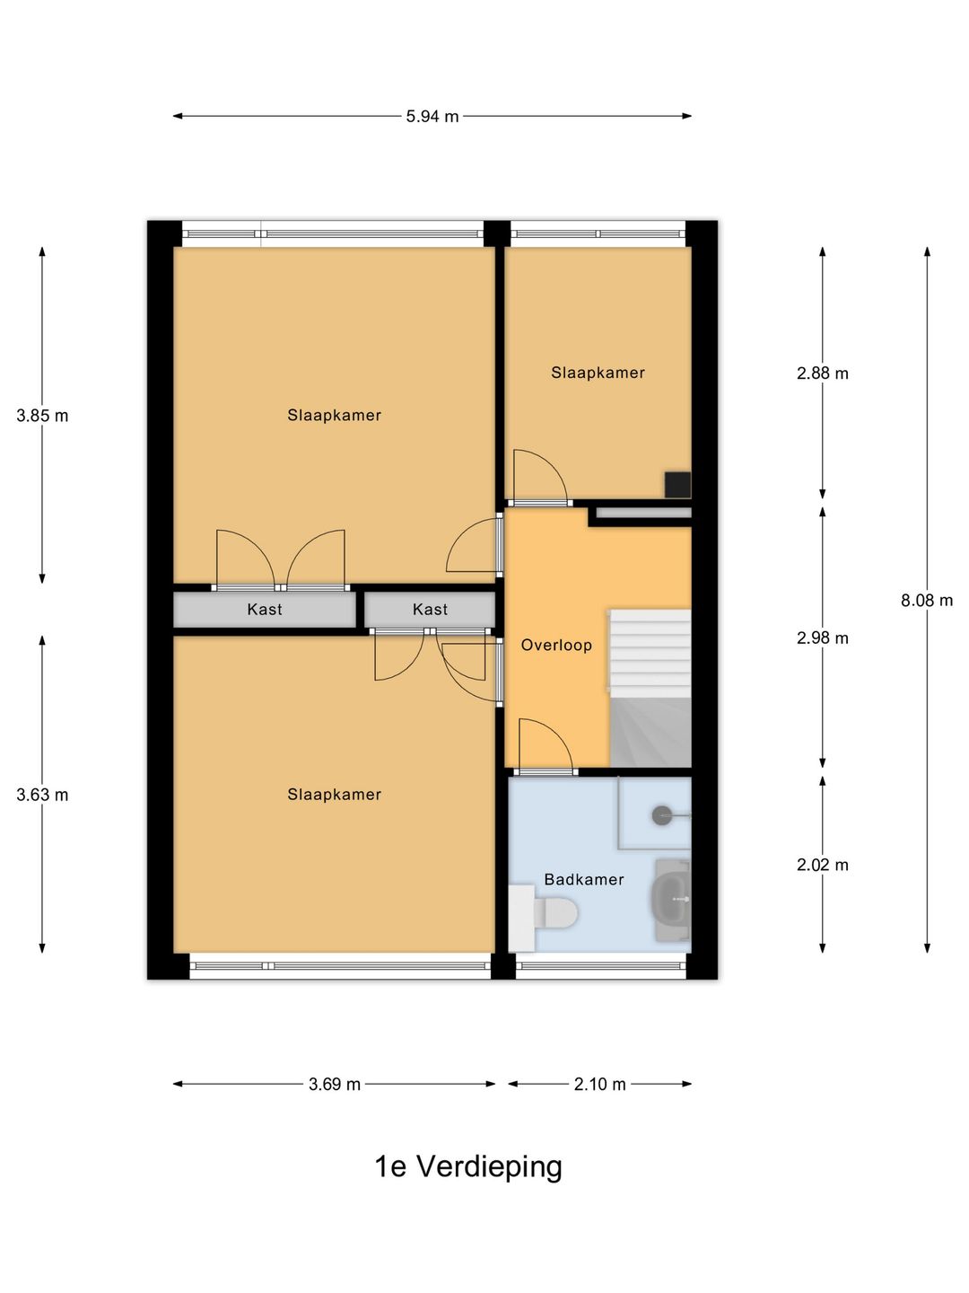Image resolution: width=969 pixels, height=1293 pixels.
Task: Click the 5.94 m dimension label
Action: click(432, 117)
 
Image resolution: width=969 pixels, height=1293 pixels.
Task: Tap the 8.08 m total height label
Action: click(927, 601)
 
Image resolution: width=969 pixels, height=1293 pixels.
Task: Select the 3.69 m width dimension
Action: click(335, 1085)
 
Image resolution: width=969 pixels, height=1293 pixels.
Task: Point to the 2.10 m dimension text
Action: click(599, 1085)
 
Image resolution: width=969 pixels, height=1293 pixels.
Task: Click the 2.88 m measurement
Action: click(822, 374)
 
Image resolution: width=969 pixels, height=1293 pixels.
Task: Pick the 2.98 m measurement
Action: click(822, 638)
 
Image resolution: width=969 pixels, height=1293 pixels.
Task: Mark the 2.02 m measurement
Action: click(822, 866)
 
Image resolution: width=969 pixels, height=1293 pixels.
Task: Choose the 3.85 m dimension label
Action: click(42, 416)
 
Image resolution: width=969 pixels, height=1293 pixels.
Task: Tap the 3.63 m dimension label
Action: click(42, 795)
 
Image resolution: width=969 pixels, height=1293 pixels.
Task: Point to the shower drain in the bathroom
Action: click(661, 815)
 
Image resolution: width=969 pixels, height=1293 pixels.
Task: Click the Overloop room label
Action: click(556, 645)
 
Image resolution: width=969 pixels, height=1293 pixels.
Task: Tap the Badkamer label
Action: click(584, 880)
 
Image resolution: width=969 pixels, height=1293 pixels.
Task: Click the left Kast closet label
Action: click(265, 610)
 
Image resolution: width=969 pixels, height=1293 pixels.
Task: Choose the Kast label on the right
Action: click(430, 610)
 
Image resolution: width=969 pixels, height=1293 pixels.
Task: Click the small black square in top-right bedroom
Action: click(677, 484)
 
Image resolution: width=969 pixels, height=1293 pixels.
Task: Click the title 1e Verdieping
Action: click(468, 1166)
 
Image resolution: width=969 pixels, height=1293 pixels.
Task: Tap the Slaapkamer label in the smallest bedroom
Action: click(598, 373)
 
